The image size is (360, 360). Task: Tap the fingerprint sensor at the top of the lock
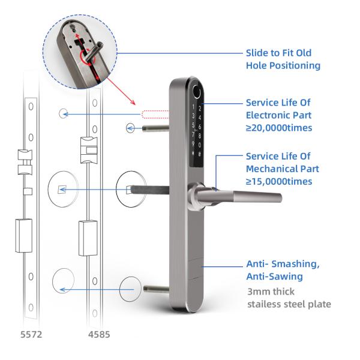coord(196,92)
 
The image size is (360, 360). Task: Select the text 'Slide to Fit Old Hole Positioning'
coord(283,59)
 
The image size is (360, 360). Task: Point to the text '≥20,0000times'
coord(279,127)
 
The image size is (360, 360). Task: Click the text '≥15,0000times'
coord(279,181)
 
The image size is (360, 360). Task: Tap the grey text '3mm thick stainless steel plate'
coord(289,298)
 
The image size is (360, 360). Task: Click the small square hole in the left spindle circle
coord(62,190)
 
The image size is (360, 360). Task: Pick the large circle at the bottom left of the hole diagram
coord(63,281)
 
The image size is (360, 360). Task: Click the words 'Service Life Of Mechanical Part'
coord(282,163)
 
